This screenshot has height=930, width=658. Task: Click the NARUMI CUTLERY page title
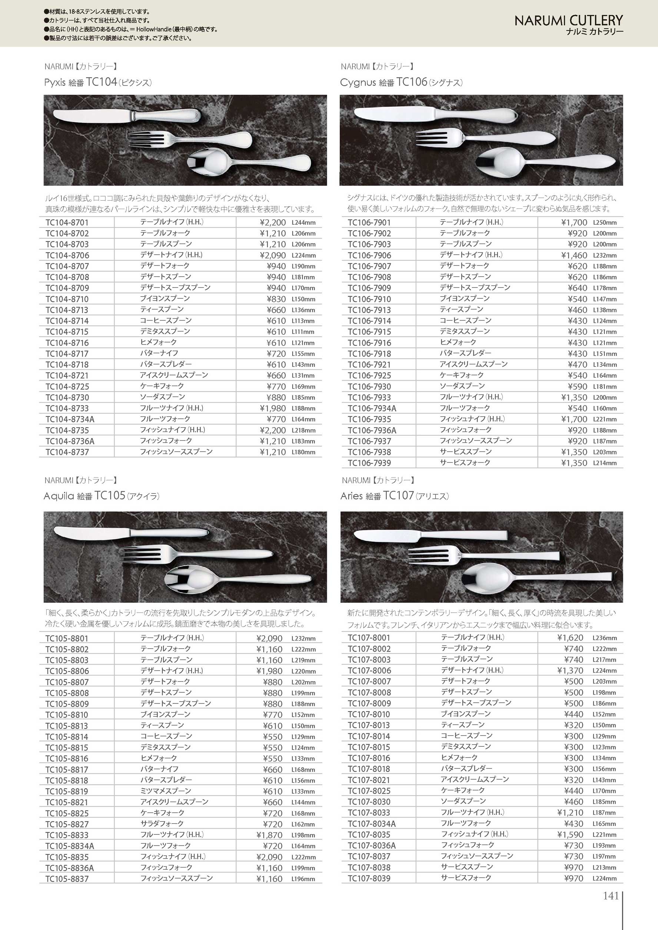(x=568, y=20)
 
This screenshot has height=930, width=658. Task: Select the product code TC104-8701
(x=67, y=223)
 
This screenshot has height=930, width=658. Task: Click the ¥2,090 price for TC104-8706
(x=273, y=255)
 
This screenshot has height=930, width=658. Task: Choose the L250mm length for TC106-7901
(x=605, y=223)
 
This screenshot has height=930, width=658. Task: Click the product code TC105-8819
(x=67, y=791)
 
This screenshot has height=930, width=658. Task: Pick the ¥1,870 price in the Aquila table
(x=269, y=835)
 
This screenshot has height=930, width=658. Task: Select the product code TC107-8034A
(x=372, y=823)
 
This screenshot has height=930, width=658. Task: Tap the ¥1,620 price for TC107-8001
(x=570, y=638)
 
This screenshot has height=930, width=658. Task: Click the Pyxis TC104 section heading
(x=98, y=83)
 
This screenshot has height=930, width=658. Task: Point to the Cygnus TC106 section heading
(x=401, y=83)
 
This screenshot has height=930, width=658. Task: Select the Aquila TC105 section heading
(x=102, y=496)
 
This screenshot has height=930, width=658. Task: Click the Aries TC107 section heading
(x=395, y=496)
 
